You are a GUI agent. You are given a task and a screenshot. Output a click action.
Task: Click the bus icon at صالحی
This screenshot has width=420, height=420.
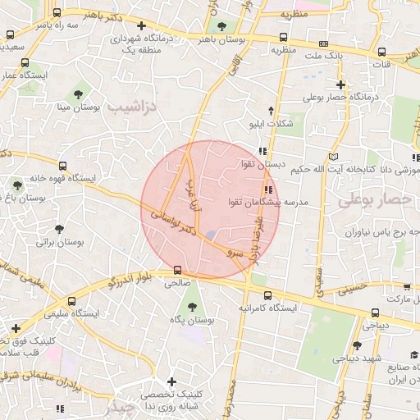pos(178,270)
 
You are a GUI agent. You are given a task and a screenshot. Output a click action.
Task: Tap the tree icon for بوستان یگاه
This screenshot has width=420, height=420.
pos(192,308)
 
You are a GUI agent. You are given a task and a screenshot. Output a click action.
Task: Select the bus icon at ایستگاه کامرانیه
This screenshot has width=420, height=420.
pos(267,294)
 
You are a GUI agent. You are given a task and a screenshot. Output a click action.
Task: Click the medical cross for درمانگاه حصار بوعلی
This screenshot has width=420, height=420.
pos(340,84)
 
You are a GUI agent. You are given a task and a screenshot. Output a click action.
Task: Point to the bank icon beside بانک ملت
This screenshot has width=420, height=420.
pos(283,37)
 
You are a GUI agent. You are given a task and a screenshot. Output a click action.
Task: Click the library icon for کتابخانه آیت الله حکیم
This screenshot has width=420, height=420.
pos(332,156)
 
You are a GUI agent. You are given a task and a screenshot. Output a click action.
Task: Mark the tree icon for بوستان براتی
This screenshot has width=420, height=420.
pos(58,229)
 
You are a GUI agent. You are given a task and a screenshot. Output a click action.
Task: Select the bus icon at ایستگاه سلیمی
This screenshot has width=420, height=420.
pos(72,301)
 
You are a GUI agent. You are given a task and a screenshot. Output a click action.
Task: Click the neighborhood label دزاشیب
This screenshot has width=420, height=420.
pos(131,107)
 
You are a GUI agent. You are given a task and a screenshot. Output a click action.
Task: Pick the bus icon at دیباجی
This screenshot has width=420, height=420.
pos(375,312)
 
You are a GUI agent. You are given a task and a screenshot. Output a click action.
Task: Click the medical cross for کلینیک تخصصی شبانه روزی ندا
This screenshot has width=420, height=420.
pos(171,381)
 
